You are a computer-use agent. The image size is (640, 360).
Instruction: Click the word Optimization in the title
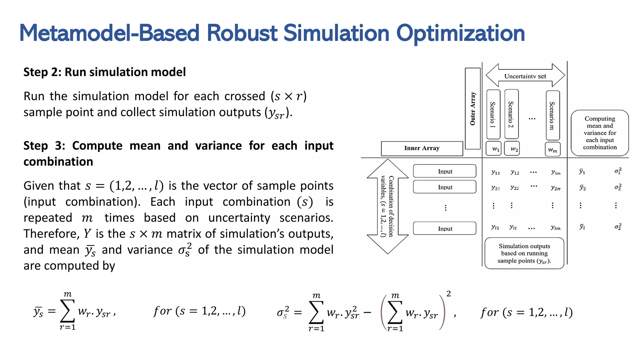[460, 33]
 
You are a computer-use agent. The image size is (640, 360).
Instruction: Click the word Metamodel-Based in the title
[109, 33]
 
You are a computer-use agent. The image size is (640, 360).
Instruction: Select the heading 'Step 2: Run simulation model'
[105, 72]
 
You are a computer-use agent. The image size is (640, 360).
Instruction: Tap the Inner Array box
[422, 148]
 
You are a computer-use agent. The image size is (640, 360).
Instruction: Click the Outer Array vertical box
[472, 108]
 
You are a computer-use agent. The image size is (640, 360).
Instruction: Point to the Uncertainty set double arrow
[525, 75]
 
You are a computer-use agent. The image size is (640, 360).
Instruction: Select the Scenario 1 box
[493, 114]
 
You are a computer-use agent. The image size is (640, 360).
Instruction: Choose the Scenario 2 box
[511, 114]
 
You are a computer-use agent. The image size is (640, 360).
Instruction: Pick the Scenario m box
[552, 115]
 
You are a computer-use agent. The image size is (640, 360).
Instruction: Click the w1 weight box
[494, 149]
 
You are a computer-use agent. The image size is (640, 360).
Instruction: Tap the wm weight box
[552, 149]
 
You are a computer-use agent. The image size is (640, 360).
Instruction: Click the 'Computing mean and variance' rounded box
[599, 133]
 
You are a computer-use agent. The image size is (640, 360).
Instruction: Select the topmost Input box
[445, 171]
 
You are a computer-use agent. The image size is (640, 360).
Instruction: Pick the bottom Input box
[445, 228]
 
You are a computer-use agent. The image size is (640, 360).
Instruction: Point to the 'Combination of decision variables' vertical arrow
[387, 206]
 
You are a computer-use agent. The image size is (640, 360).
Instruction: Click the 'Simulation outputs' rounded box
[524, 253]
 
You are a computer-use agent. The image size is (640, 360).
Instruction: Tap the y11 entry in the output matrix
[495, 172]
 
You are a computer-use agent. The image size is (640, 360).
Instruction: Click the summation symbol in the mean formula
[67, 311]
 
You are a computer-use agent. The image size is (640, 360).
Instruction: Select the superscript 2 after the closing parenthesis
[448, 294]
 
